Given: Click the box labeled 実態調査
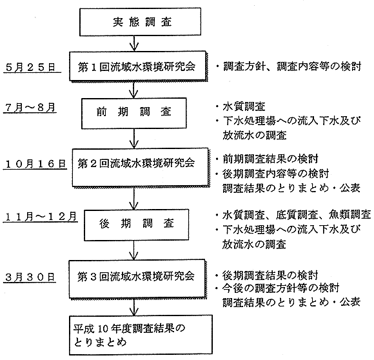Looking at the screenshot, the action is [x=141, y=22].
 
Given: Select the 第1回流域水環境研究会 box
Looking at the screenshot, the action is [x=138, y=66].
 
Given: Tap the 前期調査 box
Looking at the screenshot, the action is [x=134, y=114].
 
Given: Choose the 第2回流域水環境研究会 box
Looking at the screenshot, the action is [x=140, y=167].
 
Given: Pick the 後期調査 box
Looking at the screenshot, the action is [x=137, y=225].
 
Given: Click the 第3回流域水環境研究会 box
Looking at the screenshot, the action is [x=137, y=279].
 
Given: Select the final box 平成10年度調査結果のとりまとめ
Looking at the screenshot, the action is [x=141, y=335].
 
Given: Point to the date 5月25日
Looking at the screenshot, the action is [x=30, y=67].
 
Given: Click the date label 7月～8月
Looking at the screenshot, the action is [x=30, y=108].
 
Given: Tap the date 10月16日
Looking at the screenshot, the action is [x=35, y=164].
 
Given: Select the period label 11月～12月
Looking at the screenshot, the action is [x=41, y=217].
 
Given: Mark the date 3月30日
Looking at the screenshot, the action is [x=30, y=277].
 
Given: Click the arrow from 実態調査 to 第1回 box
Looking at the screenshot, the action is [x=134, y=43].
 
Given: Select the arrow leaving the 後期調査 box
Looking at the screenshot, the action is [x=134, y=250].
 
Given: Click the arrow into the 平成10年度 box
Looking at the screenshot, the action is [x=134, y=306].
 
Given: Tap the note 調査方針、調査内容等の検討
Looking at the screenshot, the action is [x=292, y=66].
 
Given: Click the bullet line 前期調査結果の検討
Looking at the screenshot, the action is [x=270, y=159].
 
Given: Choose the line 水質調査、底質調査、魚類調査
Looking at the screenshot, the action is [x=297, y=215].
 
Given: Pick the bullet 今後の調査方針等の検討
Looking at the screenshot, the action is [x=280, y=288].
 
